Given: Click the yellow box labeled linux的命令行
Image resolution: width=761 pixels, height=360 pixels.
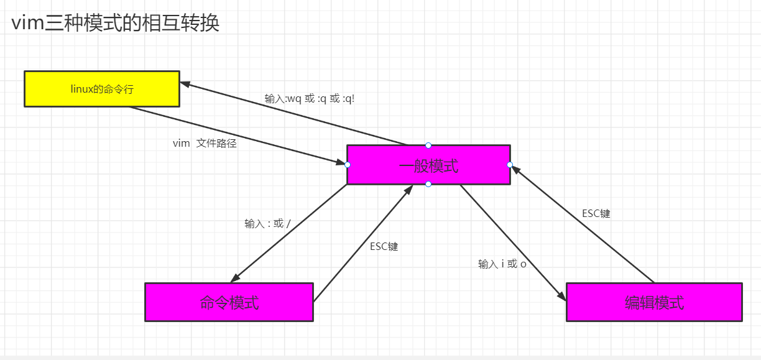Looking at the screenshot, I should point(102,89).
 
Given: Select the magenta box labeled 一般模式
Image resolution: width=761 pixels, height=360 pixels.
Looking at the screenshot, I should point(428,165).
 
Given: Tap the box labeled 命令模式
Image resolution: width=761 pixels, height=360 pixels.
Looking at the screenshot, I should point(229,303).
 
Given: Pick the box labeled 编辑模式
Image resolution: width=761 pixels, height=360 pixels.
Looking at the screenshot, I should point(654,303).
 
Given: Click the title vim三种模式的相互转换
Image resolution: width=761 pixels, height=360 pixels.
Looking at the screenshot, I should point(116,24).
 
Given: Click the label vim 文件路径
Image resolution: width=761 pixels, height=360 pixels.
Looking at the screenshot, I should point(205,143).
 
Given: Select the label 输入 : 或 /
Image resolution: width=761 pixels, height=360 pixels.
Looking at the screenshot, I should point(267,223).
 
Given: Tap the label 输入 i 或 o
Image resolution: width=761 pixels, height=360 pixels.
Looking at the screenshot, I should point(502,264).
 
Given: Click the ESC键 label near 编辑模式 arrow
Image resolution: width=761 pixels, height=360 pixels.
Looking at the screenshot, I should point(596,213).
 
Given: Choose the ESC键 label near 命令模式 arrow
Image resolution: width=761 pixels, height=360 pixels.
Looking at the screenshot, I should point(384,246).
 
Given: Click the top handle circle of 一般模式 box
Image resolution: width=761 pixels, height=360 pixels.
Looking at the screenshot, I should point(428,145).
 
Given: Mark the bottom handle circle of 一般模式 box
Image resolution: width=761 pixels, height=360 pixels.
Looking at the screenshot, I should point(428,185).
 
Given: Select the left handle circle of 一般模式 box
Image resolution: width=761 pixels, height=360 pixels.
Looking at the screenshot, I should point(348,165).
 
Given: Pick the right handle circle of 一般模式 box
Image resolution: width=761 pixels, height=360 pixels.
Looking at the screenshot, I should point(510,165).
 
